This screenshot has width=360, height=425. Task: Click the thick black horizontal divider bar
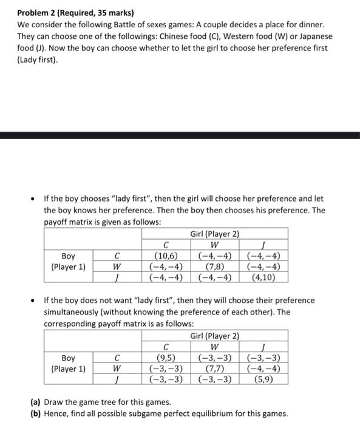[180, 135]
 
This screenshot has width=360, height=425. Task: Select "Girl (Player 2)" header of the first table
[215, 234]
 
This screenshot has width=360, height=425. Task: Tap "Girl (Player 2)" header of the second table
[215, 336]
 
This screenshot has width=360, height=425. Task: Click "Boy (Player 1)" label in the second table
[69, 363]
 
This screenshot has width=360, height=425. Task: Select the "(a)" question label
[36, 403]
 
